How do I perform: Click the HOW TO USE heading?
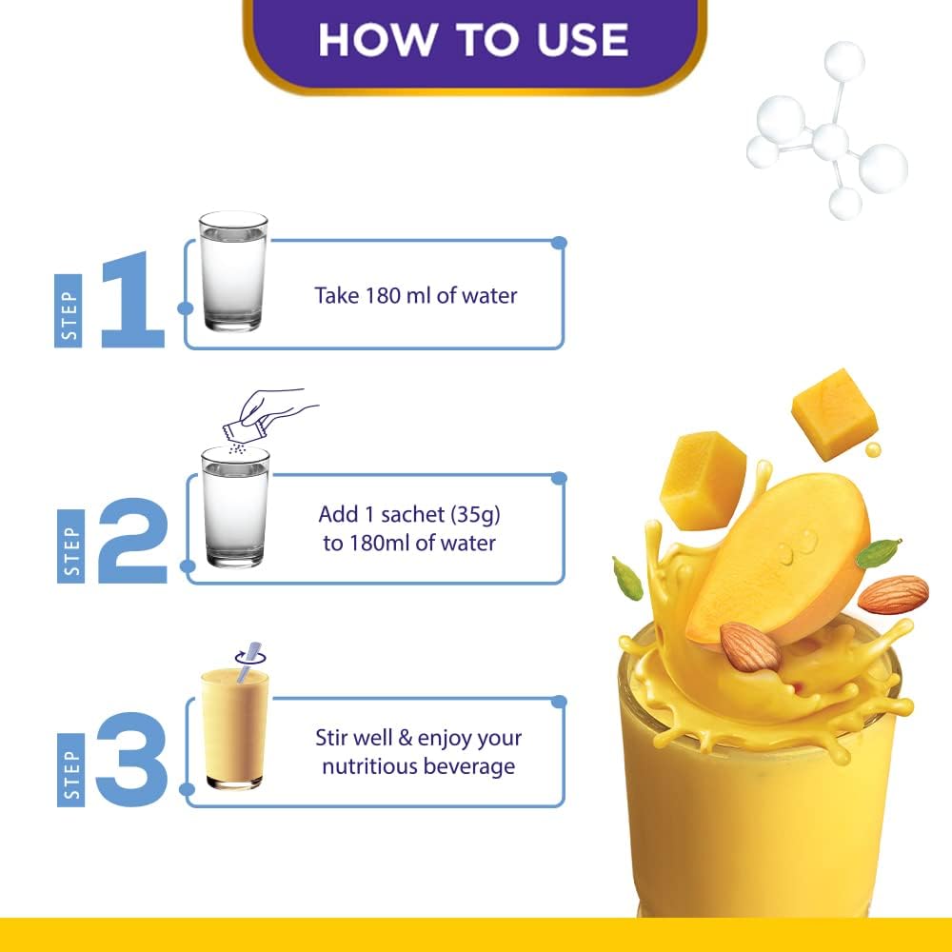[473, 40]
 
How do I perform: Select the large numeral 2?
[133, 541]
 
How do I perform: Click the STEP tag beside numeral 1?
[68, 311]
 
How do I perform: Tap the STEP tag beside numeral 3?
[70, 770]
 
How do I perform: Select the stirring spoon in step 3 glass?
[249, 662]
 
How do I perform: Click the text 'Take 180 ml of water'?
[416, 296]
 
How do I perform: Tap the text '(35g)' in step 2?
[475, 515]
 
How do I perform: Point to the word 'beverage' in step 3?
[469, 766]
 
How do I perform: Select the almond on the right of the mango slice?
[893, 594]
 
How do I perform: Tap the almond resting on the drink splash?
[750, 647]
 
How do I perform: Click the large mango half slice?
[779, 559]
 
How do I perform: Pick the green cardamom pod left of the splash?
[627, 578]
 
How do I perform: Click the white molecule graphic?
[826, 129]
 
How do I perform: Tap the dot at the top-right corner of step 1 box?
[559, 243]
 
